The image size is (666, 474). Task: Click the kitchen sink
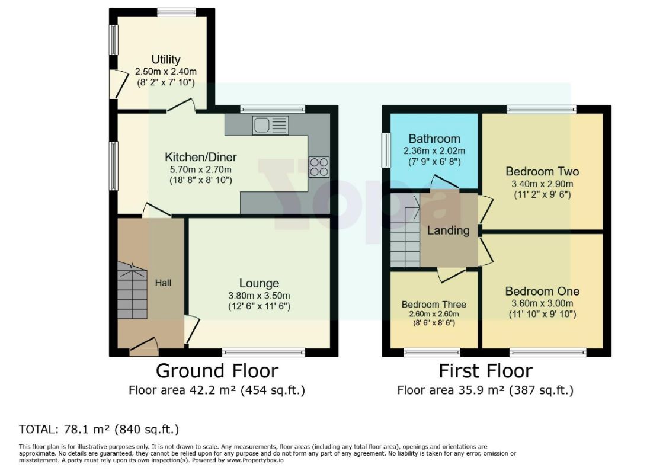(x=270, y=125)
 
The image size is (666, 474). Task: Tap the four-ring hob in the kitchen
(x=319, y=167)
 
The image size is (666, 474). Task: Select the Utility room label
(x=166, y=59)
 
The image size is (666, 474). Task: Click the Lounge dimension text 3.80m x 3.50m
(x=259, y=296)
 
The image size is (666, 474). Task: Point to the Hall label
(x=163, y=283)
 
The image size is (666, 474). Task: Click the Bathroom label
(x=434, y=139)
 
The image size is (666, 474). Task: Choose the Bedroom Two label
(x=542, y=172)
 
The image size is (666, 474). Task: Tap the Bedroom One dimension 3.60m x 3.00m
(x=542, y=304)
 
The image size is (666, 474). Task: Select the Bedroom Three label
(x=434, y=305)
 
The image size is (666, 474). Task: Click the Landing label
(x=448, y=230)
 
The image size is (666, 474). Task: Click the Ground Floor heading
(x=217, y=371)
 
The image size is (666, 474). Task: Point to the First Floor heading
(x=485, y=371)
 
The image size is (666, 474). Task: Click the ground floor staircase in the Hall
(x=133, y=291)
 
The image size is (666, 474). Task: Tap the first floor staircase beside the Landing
(x=405, y=230)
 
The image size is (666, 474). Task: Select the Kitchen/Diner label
(x=200, y=157)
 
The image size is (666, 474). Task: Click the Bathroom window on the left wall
(x=386, y=150)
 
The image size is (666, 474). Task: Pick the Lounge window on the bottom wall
(x=263, y=352)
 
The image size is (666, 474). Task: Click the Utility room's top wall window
(x=176, y=12)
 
